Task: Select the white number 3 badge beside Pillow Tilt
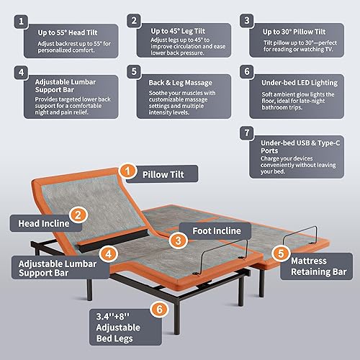coord(248,22)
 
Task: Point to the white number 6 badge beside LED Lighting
coord(248,73)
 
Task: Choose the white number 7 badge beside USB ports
coord(248,133)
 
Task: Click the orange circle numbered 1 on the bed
coord(127,171)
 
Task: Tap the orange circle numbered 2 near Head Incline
coord(80,215)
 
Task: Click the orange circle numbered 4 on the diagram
coord(108,253)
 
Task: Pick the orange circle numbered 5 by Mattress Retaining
coord(280,253)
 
